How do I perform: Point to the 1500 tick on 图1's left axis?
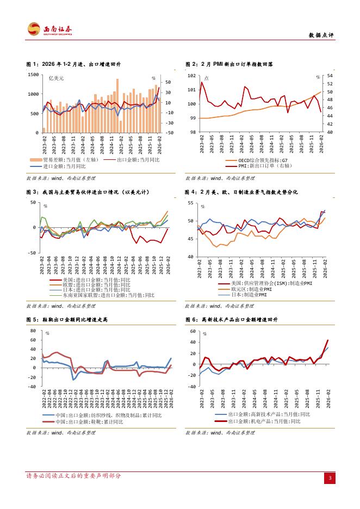pyautogui.click(x=33, y=75)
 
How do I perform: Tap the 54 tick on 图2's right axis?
pyautogui.click(x=329, y=76)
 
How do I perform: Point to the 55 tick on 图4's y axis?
pyautogui.click(x=191, y=203)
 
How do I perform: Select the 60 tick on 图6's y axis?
pyautogui.click(x=192, y=331)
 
